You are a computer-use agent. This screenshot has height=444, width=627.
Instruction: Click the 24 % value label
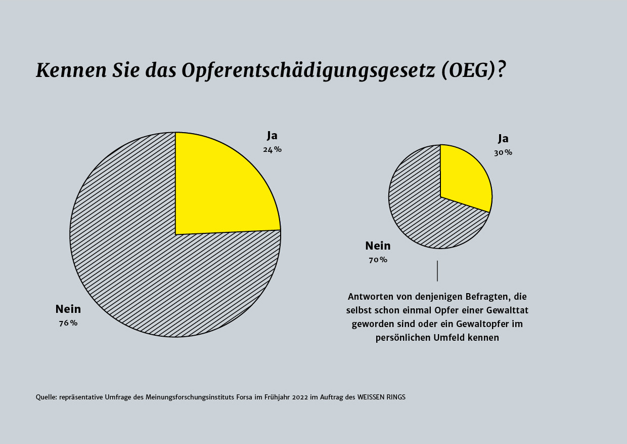[x=272, y=149]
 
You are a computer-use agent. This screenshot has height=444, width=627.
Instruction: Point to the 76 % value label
[x=68, y=323]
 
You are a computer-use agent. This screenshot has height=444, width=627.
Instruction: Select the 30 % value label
[x=503, y=152]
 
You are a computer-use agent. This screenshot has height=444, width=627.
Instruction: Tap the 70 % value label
[x=378, y=260]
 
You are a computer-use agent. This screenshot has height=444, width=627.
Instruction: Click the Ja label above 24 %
[x=273, y=136]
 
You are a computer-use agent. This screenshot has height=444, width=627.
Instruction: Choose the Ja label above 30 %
[x=503, y=139]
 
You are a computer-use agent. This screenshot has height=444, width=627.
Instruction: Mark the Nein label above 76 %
[x=68, y=309]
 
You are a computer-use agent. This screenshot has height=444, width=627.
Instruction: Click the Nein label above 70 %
[x=378, y=246]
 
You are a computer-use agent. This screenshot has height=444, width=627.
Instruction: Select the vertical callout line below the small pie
[x=437, y=271]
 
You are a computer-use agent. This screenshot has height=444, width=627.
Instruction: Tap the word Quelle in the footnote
[x=46, y=397]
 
